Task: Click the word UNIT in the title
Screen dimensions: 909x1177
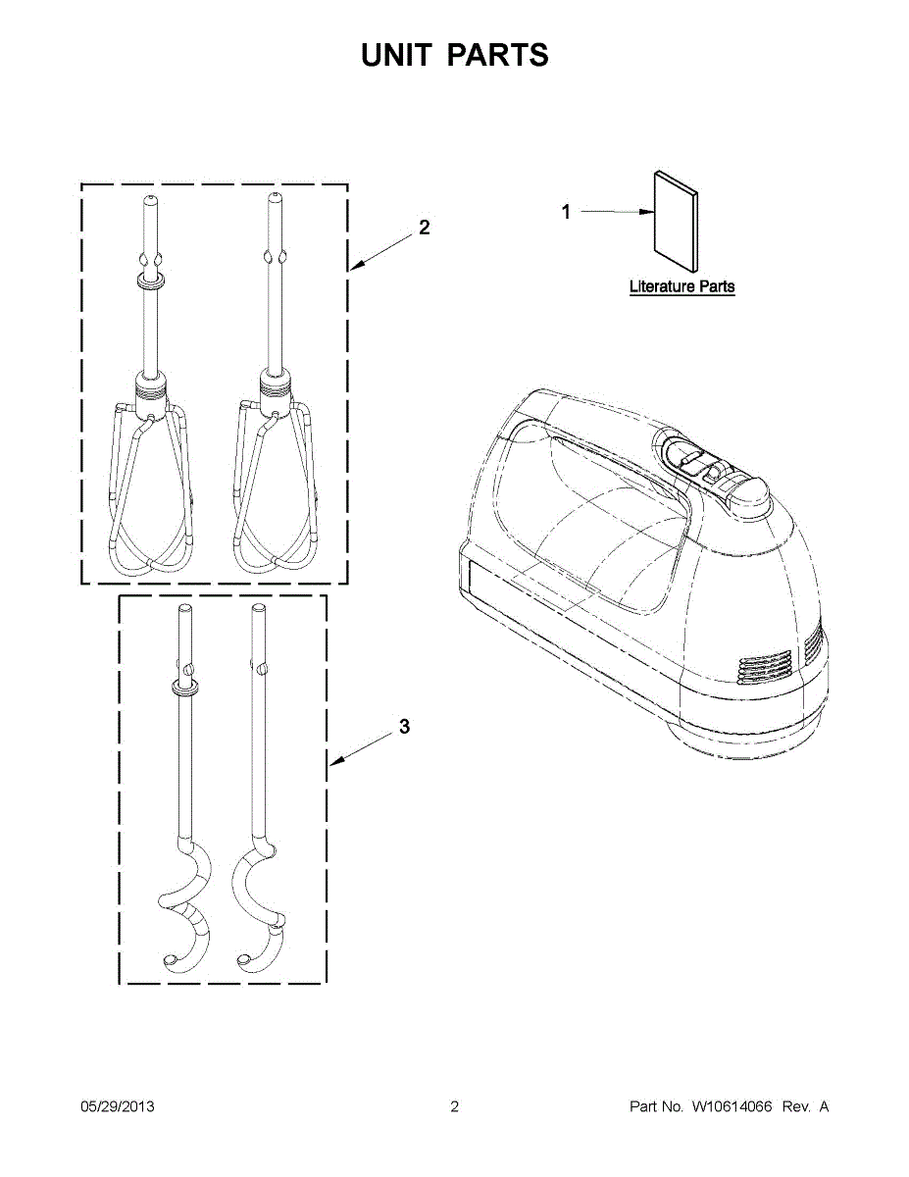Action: click(395, 56)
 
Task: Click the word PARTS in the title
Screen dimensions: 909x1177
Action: click(498, 56)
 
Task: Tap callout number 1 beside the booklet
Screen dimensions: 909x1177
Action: click(566, 211)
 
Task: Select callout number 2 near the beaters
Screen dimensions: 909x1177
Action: click(424, 228)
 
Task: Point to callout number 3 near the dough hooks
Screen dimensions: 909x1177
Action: click(404, 727)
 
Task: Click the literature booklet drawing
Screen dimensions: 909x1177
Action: click(676, 222)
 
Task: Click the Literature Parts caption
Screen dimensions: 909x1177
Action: click(682, 287)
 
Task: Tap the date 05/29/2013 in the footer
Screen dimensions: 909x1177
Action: click(117, 1106)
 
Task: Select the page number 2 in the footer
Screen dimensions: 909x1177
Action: click(454, 1106)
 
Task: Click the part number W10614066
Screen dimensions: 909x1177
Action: click(732, 1106)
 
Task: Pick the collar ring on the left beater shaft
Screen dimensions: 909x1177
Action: click(150, 283)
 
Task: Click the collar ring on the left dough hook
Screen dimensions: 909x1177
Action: click(183, 688)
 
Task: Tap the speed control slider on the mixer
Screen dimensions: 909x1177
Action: click(692, 456)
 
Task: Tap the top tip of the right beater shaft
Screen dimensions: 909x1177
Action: click(274, 198)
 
